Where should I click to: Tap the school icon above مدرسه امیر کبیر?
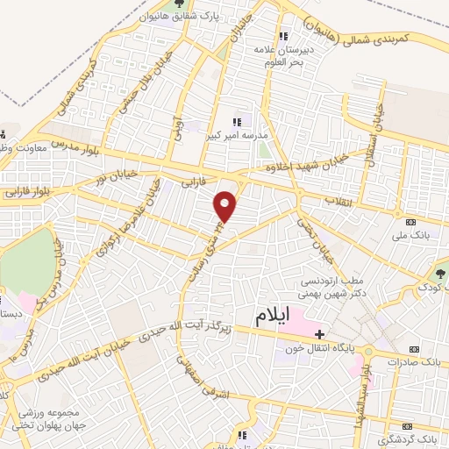[x=235, y=122]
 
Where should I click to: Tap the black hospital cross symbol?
[x=320, y=334]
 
